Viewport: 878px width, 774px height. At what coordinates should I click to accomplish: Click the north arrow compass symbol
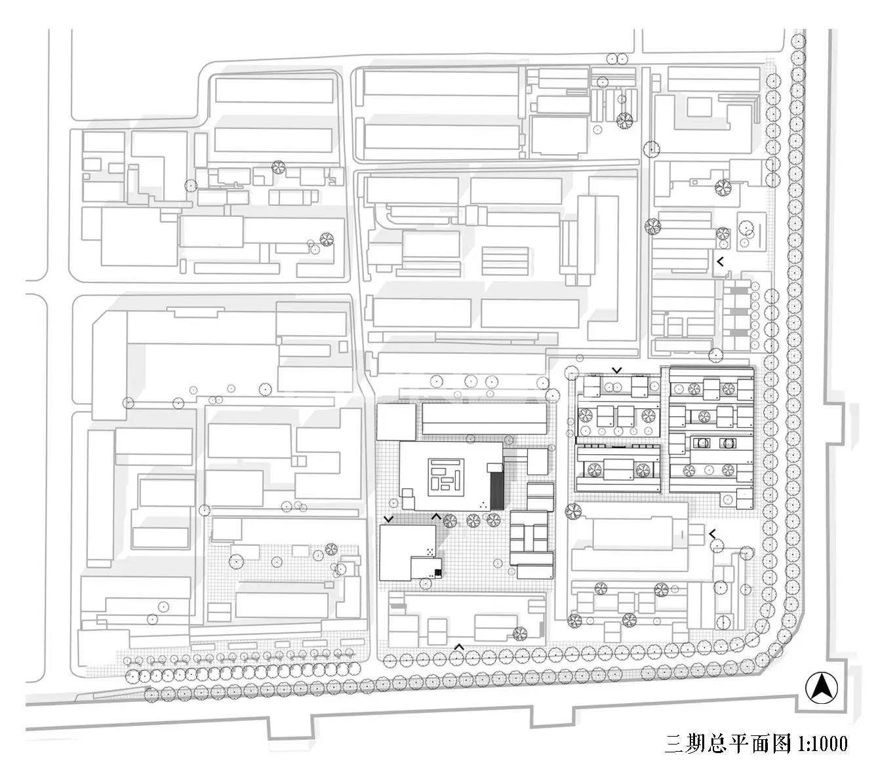[819, 687]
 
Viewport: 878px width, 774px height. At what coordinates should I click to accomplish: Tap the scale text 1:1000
[822, 744]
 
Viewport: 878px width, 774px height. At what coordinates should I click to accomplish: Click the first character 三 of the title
[673, 744]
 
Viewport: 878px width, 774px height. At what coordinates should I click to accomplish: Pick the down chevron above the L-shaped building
[389, 518]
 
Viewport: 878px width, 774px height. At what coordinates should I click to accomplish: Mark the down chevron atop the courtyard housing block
[616, 370]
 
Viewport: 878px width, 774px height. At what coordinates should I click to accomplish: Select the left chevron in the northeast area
[720, 261]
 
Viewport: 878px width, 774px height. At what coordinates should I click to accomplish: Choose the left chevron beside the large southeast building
[711, 533]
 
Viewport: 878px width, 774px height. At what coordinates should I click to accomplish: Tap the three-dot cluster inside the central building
[483, 504]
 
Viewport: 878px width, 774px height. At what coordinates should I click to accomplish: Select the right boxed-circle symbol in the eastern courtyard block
[727, 443]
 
